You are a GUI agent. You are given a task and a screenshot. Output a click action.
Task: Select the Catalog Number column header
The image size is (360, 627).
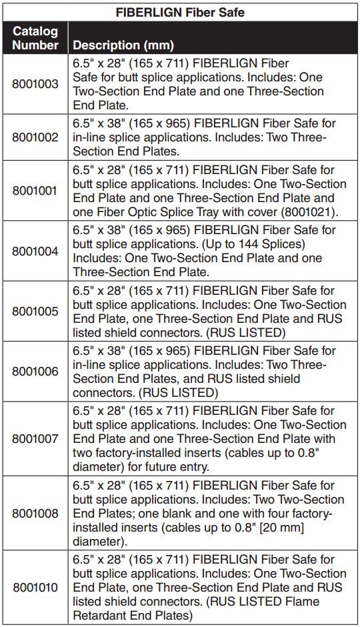coord(35,38)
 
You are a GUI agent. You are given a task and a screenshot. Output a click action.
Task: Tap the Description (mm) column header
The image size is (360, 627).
coord(123,45)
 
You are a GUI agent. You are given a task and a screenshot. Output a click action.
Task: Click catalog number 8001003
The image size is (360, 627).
coord(35,85)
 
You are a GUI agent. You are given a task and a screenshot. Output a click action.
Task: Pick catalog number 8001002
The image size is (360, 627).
coord(35,137)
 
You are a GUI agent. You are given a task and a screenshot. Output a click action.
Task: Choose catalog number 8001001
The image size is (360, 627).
coord(35,191)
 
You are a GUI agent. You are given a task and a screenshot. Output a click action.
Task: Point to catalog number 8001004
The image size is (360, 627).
coord(35,251)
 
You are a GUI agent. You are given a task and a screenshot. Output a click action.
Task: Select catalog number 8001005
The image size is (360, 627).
coord(35,311)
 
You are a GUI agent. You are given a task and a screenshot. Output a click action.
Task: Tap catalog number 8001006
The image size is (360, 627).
coord(35,371)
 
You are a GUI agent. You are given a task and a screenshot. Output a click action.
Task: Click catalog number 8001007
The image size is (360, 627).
coord(35,438)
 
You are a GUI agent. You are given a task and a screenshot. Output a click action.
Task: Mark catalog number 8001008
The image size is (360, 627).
coord(35,513)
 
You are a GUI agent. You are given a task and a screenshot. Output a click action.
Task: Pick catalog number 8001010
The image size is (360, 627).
coord(35,588)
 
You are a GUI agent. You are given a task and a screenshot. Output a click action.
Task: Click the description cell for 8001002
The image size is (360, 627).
coord(213,137)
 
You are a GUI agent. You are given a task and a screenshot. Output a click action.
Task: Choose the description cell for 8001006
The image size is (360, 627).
coord(213,371)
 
